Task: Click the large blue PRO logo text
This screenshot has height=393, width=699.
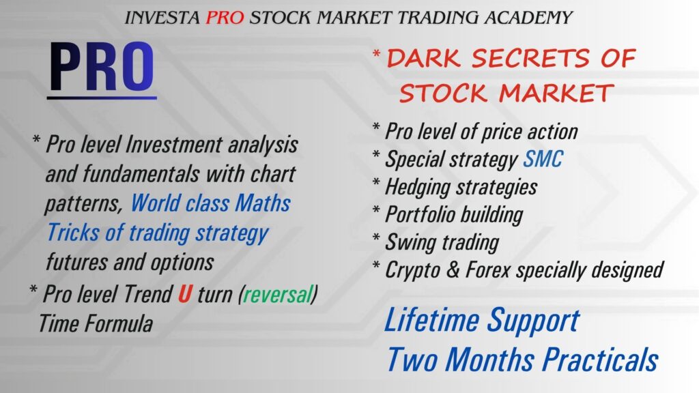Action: coord(102,66)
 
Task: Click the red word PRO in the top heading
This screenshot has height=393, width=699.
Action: coord(225,17)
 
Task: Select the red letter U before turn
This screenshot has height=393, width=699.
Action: coord(185,294)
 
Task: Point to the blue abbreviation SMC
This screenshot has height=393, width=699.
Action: coord(543,158)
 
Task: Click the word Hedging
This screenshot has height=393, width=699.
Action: coord(417,187)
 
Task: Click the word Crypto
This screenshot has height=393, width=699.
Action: coord(412,270)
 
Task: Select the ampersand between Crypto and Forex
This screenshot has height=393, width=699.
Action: coord(453,270)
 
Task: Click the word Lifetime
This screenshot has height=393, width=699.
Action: coord(431,319)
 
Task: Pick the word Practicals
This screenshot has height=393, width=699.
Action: coord(601,359)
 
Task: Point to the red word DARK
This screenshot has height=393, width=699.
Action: coord(423,59)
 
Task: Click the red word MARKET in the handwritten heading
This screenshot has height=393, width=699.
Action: coord(556,93)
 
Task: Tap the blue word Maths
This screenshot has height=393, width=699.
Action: coord(263,203)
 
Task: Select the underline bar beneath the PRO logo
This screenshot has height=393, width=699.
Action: coord(102,98)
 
